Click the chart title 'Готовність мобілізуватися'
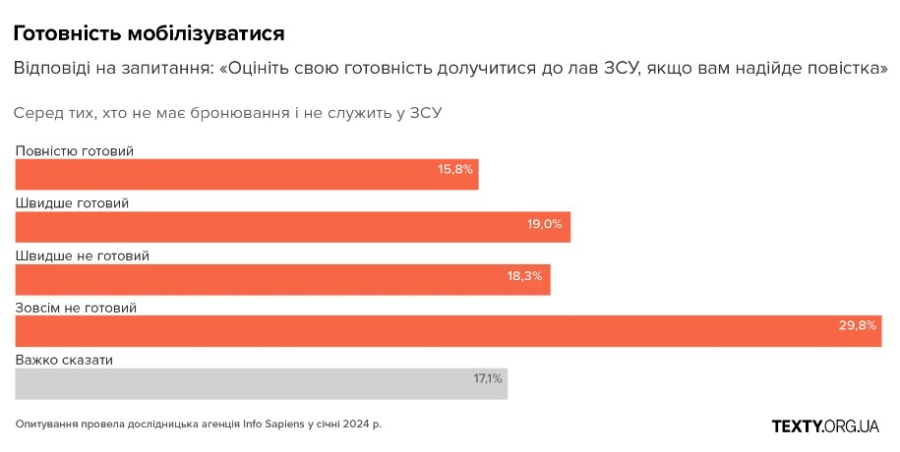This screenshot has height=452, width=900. click(150, 33)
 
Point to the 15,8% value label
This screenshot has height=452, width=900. click(455, 170)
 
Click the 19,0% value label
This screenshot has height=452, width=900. click(545, 224)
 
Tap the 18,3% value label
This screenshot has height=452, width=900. click(525, 276)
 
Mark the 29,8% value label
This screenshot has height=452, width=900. click(857, 325)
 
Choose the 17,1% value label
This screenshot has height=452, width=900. click(488, 378)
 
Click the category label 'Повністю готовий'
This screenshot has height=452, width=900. click(74, 151)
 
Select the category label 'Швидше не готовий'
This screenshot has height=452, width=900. click(82, 255)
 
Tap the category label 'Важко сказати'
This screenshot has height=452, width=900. click(64, 360)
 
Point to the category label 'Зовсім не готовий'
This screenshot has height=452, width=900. click(76, 308)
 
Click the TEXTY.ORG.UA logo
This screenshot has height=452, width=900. click(825, 425)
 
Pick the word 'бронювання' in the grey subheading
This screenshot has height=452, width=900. click(244, 113)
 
